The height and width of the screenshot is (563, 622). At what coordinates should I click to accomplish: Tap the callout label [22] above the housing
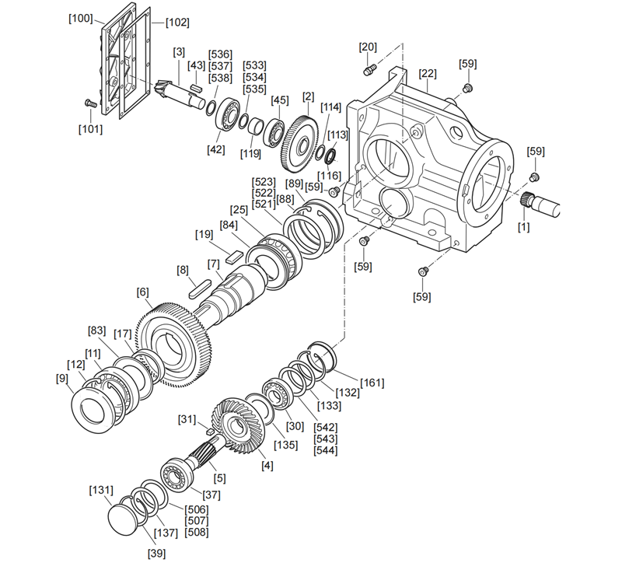(428, 74)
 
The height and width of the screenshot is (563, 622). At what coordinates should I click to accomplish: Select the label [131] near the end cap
(101, 491)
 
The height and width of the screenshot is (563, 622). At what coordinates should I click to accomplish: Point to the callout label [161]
(372, 383)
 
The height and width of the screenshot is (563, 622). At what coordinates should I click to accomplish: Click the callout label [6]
(142, 292)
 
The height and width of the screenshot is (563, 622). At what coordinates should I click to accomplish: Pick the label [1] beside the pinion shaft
(524, 227)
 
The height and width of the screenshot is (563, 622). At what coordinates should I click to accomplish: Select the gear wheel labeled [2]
(299, 140)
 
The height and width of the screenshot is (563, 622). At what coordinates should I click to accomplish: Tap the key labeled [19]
(232, 254)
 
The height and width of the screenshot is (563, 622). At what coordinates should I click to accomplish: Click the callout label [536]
(221, 54)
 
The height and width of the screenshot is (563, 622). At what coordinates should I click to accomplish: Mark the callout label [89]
(295, 184)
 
